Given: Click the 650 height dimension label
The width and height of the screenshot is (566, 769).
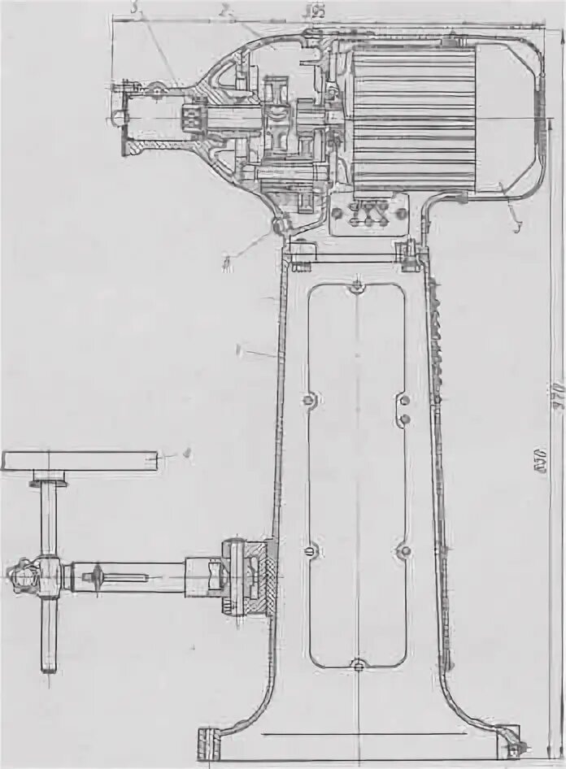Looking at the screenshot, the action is click(542, 467).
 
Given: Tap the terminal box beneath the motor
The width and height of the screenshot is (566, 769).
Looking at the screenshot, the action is click(368, 215).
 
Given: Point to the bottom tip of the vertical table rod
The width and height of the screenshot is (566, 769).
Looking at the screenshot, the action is click(49, 668).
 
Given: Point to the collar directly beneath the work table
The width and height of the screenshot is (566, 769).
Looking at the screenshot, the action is click(49, 481).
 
